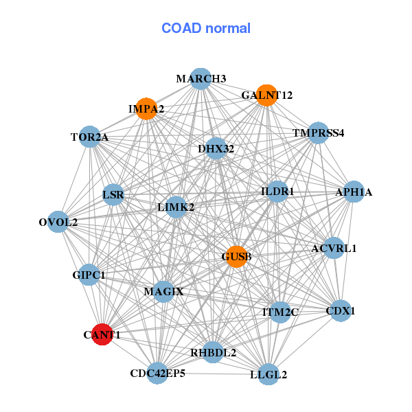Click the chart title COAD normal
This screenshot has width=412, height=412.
(205, 29)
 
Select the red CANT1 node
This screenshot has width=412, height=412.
(102, 334)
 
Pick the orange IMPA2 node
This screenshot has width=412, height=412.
(146, 108)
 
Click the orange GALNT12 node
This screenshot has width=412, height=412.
(266, 95)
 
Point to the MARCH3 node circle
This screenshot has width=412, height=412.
(201, 78)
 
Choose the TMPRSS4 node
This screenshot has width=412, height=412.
(318, 132)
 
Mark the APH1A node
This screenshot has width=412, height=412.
(353, 192)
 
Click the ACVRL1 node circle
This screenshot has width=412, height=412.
(334, 248)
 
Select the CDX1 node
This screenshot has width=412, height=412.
(341, 310)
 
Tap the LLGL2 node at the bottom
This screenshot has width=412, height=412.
(268, 374)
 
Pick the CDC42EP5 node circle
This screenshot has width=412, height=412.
(157, 374)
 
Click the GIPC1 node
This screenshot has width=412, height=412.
(89, 275)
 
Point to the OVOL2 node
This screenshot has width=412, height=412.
(58, 222)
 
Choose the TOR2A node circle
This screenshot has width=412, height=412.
(89, 137)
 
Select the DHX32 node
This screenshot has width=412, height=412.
(216, 148)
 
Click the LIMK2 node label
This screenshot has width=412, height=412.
(176, 207)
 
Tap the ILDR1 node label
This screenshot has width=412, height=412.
(277, 192)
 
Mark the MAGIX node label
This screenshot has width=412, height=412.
(163, 292)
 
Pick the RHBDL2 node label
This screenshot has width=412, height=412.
(213, 353)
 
